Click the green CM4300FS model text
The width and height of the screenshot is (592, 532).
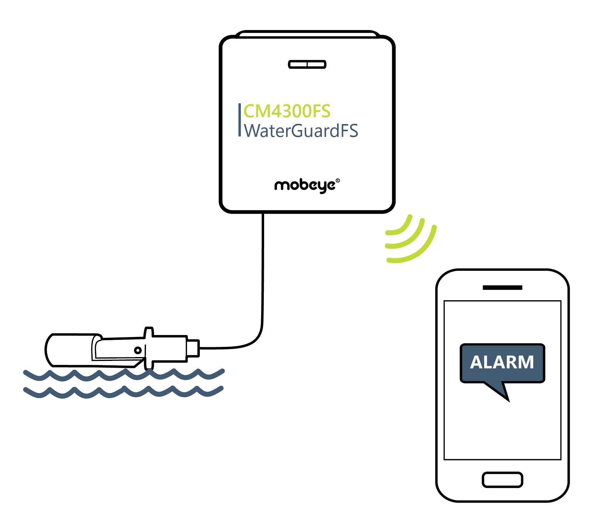click(x=287, y=111)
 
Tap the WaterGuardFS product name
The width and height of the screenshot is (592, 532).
click(x=301, y=131)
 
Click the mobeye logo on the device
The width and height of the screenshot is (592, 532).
click(x=305, y=186)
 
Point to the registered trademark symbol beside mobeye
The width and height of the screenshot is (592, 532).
click(x=337, y=181)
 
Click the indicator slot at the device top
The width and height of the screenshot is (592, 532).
click(x=307, y=64)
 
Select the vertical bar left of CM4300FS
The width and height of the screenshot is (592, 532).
click(x=239, y=120)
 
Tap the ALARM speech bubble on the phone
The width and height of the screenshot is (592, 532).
click(x=502, y=363)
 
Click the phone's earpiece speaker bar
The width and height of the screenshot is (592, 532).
click(x=502, y=287)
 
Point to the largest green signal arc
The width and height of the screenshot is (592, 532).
click(x=417, y=250)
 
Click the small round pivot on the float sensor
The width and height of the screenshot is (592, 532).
click(x=138, y=350)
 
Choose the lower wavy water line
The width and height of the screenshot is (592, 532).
click(x=124, y=392)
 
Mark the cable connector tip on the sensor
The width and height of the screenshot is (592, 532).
click(x=194, y=348)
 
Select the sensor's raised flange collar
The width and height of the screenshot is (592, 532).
click(x=149, y=348)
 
